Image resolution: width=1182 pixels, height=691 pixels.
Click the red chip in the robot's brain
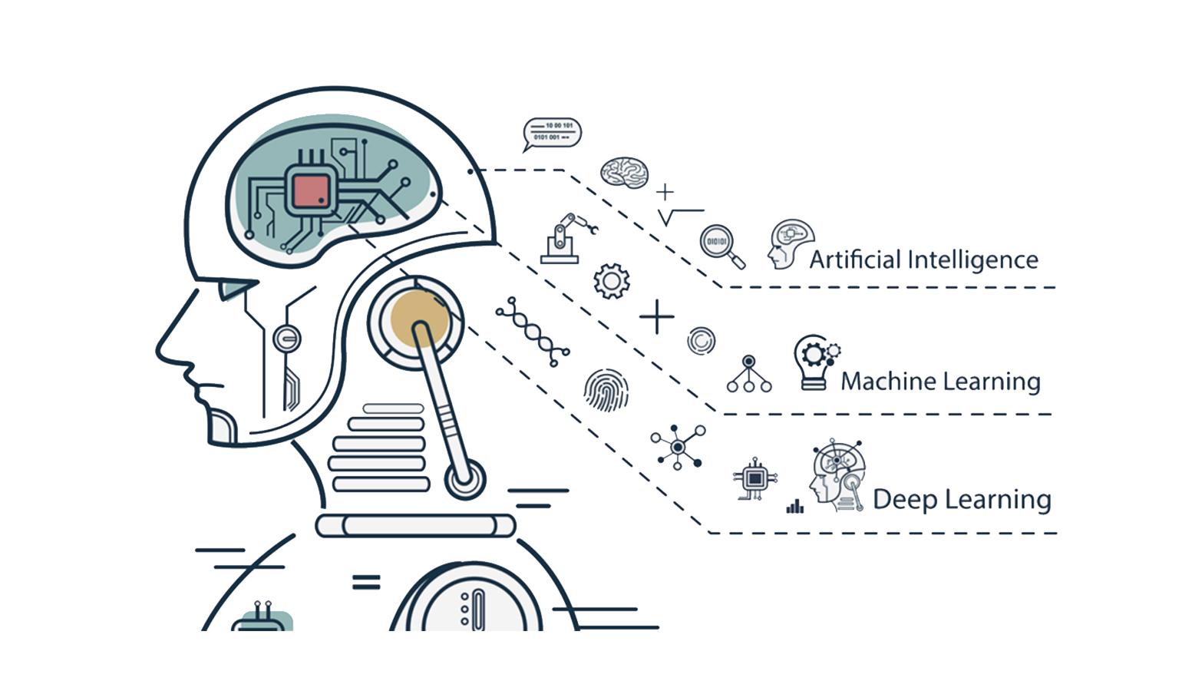click(x=312, y=192)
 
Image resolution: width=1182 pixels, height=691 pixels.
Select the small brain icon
click(x=625, y=172)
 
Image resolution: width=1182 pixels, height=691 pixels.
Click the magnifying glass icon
click(x=721, y=246)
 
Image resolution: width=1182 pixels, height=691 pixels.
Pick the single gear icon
click(x=612, y=281)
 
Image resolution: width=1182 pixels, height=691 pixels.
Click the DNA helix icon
click(x=533, y=332)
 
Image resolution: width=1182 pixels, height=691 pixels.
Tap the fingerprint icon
click(x=606, y=390)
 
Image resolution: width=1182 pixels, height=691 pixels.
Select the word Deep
click(x=906, y=500)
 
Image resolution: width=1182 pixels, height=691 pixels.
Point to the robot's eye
click(x=236, y=289)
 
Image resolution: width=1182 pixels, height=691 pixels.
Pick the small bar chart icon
click(x=795, y=506)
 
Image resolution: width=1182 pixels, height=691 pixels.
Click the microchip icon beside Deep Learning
click(x=755, y=479)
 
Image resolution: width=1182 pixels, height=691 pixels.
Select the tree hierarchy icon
click(x=749, y=374)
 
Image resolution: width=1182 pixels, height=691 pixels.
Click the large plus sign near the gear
click(x=656, y=317)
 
